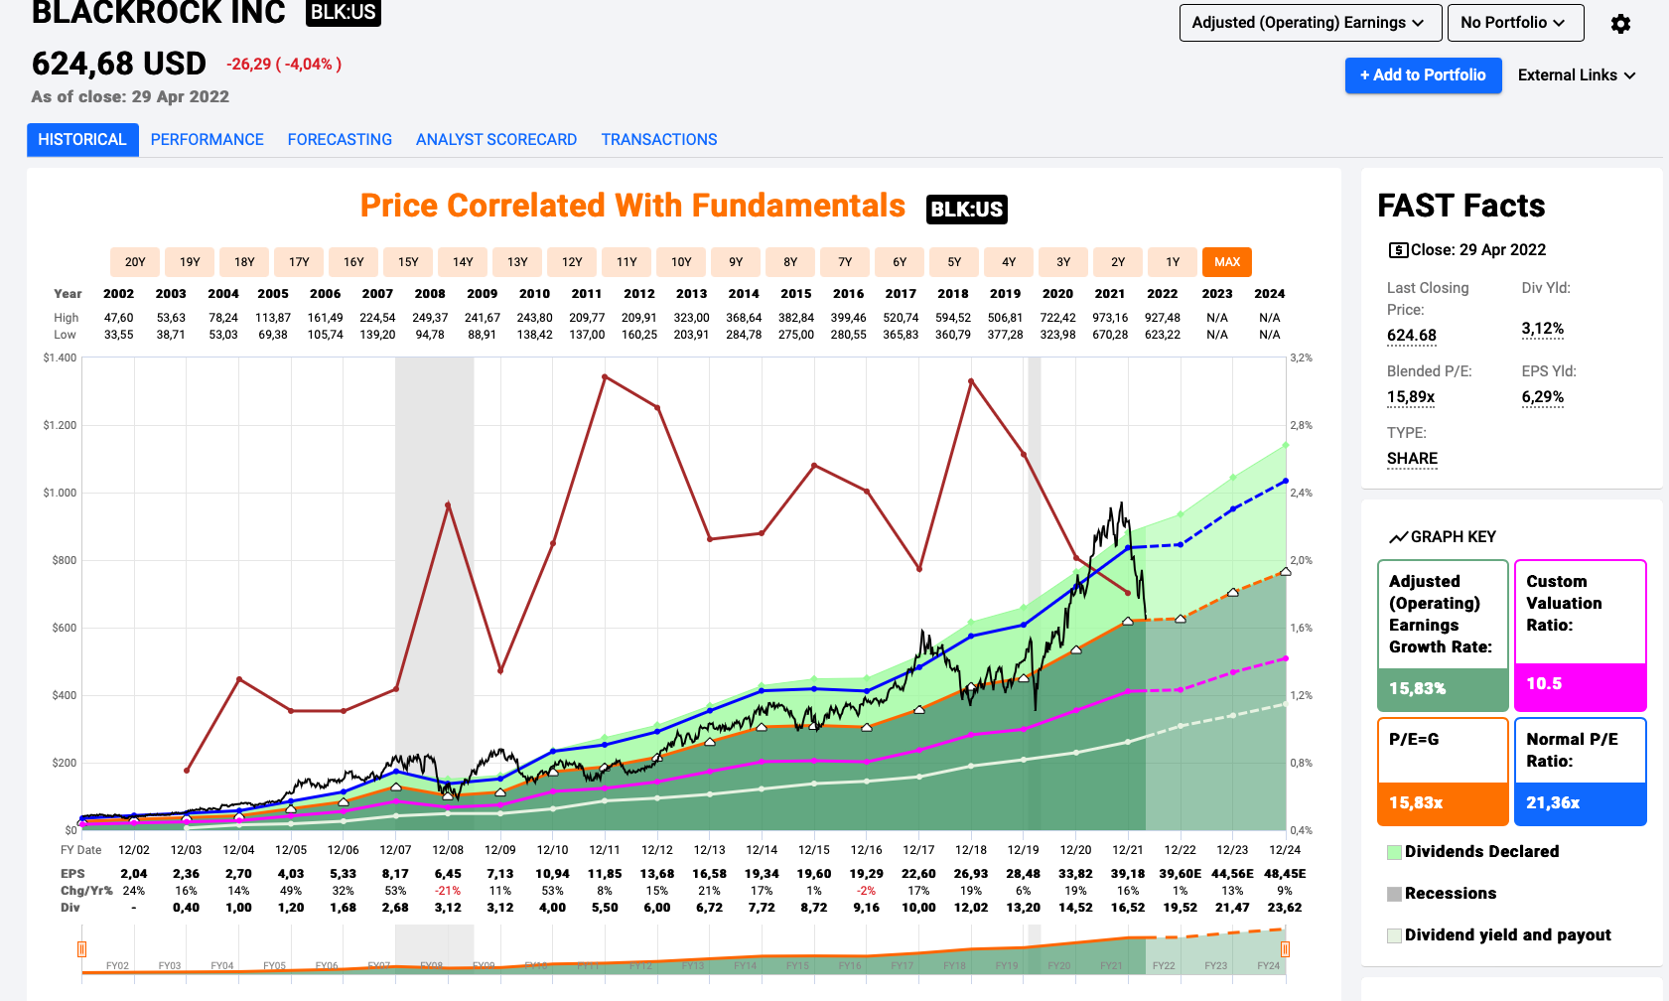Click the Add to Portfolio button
[1422, 75]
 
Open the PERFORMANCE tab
[207, 140]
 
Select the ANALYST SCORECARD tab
[495, 140]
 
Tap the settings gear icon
[1620, 24]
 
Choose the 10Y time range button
[681, 262]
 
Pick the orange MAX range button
[1226, 262]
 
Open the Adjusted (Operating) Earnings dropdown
[1307, 23]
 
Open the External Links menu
[1576, 75]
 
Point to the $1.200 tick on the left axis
[60, 425]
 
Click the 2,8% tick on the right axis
[1301, 425]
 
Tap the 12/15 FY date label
[814, 850]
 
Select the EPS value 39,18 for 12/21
[1128, 874]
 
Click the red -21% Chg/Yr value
[448, 891]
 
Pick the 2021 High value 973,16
[1110, 318]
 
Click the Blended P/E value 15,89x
[1410, 397]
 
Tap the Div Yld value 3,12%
[1542, 329]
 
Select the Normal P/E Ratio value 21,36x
[1553, 802]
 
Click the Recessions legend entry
[1450, 894]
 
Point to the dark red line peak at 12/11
[605, 376]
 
